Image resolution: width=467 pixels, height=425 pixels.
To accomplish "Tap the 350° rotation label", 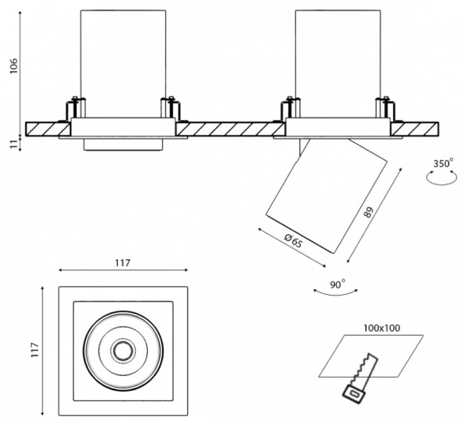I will click(443, 163).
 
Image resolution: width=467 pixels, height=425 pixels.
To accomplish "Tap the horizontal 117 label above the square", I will click(122, 263).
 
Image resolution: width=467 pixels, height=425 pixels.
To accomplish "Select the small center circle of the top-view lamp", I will click(123, 351).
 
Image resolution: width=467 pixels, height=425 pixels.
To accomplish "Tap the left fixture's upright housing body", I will click(123, 59).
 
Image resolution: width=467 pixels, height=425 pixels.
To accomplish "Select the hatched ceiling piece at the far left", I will click(47, 128).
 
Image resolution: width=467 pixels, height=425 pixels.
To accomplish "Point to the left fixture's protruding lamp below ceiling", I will click(123, 145).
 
